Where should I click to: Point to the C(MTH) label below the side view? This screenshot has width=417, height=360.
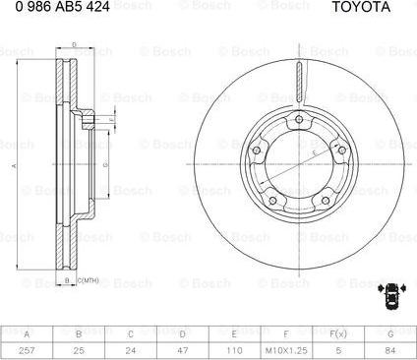[89, 282]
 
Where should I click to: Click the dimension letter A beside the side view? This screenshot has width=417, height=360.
[14, 167]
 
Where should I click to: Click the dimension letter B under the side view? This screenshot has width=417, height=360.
[66, 282]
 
